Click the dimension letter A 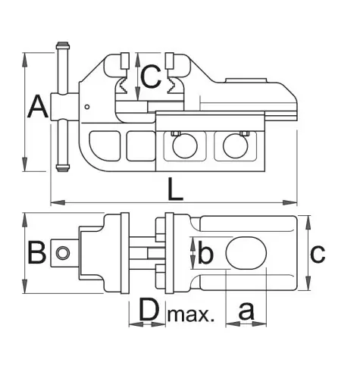pos(38,107)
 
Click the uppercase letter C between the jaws pos(151,77)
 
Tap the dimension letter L pos(175,189)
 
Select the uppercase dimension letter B pos(37,252)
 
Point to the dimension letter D pos(149,309)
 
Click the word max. pos(191,314)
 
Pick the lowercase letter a pos(246,311)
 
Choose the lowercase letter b pos(205,252)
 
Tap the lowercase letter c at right pos(318,253)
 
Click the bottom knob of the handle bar pos(62,168)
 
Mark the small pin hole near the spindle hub pos(87,107)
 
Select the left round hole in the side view pos(185,146)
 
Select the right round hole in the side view pos(236,146)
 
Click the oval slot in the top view pos(246,253)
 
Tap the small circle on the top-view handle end pos(63,253)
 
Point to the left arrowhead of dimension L pos(58,202)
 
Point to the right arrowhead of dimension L pos(290,202)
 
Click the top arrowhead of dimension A pos(24,60)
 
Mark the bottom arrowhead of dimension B pos(24,286)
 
